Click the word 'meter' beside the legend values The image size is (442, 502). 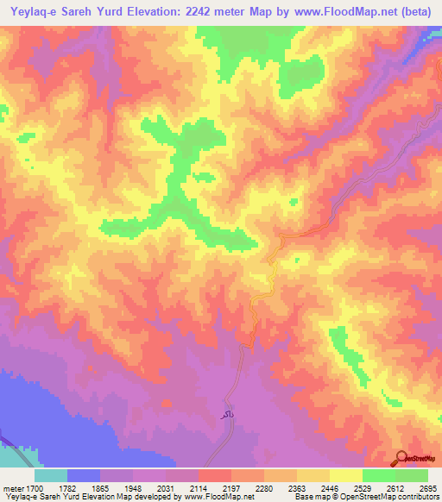[x=11, y=487]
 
